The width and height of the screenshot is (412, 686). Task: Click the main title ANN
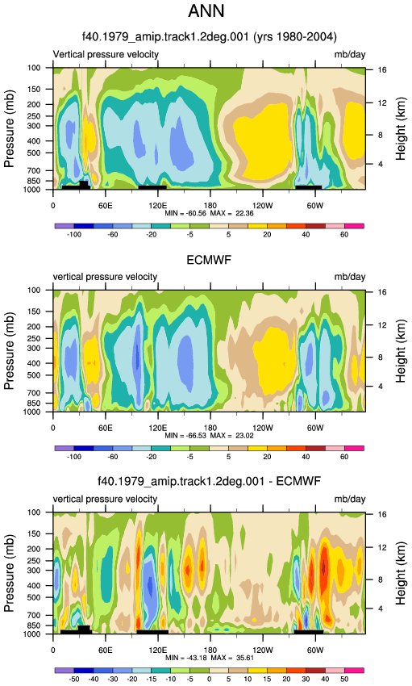[x=206, y=11]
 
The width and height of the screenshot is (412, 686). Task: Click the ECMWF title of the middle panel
[x=209, y=260]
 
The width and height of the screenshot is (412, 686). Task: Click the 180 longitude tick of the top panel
[x=210, y=206]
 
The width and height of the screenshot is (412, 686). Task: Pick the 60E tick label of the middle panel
[x=106, y=428]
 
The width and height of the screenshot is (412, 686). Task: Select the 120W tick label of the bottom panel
[x=263, y=650]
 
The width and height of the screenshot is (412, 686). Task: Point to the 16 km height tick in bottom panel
[x=382, y=514]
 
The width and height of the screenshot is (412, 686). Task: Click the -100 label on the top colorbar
[x=74, y=235]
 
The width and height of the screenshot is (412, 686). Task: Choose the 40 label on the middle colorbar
[x=306, y=457]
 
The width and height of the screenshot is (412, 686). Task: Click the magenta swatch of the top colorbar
[x=354, y=226]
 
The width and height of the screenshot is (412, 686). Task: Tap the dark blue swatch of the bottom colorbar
[x=84, y=671]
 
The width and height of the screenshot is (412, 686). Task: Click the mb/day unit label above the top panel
[x=350, y=55]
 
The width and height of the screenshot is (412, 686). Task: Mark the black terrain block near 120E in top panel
[x=152, y=187]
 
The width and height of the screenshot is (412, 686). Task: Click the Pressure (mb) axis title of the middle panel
[x=9, y=351]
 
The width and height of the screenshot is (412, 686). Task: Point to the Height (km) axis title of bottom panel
[x=400, y=573]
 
